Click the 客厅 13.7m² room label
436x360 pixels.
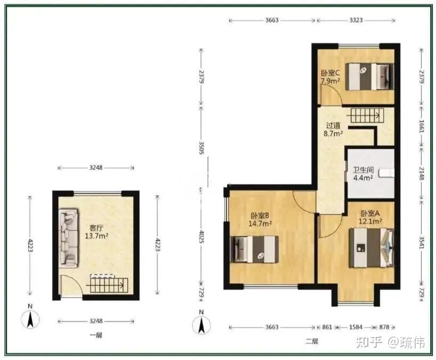[96, 232]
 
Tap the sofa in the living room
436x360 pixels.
[68, 238]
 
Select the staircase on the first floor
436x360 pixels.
[108, 284]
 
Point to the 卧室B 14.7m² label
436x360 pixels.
[260, 220]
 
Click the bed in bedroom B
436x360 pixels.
[254, 249]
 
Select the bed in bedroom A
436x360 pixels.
[372, 248]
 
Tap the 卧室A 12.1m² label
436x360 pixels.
[370, 217]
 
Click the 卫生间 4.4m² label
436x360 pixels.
[363, 174]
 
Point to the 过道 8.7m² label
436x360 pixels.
[333, 130]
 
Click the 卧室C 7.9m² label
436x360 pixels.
[330, 77]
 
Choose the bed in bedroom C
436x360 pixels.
[369, 76]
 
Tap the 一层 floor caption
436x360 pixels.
[96, 335]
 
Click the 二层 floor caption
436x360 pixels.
[312, 341]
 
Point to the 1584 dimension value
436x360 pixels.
[356, 327]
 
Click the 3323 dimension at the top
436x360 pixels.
[356, 20]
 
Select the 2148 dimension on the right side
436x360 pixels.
[422, 173]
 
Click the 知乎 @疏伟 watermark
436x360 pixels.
[390, 342]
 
